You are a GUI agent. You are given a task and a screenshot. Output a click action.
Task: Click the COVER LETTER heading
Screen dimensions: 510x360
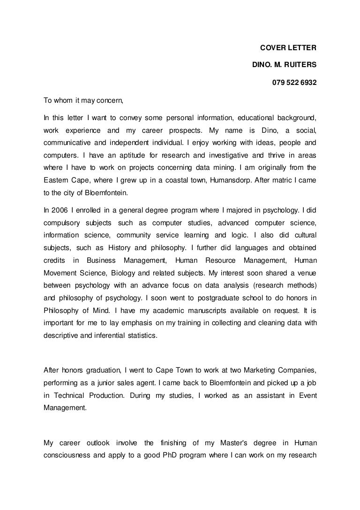[288, 48]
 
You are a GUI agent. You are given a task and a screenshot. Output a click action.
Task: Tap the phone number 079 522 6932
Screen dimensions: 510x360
[294, 84]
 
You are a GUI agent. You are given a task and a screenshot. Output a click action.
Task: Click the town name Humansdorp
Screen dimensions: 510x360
[219, 179]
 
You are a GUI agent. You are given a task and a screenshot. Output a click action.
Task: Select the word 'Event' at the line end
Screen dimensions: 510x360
[307, 396]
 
